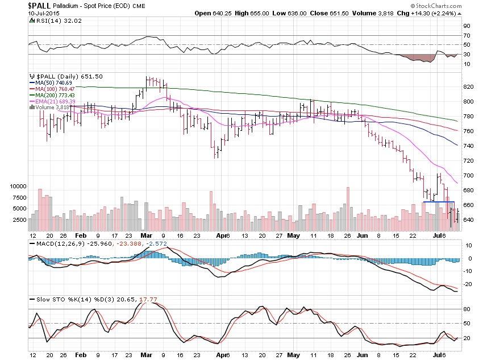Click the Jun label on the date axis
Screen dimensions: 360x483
[x=362, y=234]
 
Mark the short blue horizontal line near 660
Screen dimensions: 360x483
[x=439, y=202]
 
